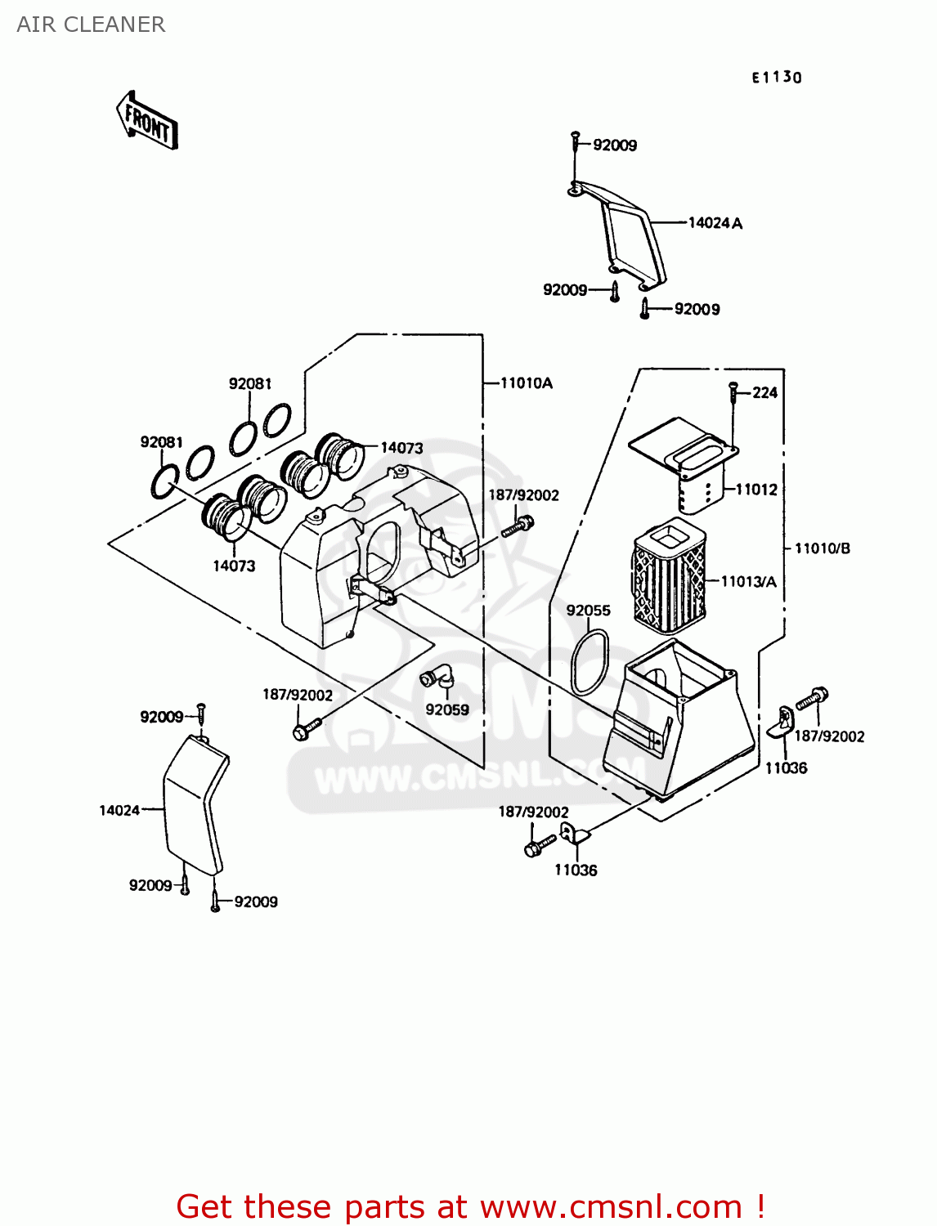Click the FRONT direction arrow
point(148,122)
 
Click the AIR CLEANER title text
point(91,25)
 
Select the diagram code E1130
point(777,78)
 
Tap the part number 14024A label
point(715,223)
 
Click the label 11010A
point(526,383)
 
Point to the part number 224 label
point(764,393)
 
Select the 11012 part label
point(756,490)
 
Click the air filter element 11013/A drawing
point(669,575)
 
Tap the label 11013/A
point(748,582)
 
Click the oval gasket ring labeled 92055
point(590,662)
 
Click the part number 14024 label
point(119,811)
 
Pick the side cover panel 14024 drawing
point(194,805)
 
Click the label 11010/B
point(822,548)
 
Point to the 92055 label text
point(588,611)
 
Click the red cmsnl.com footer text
point(470,1206)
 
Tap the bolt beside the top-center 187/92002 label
point(517,526)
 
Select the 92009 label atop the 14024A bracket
point(615,145)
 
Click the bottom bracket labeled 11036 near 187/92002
point(574,835)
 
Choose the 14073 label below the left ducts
point(234,566)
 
